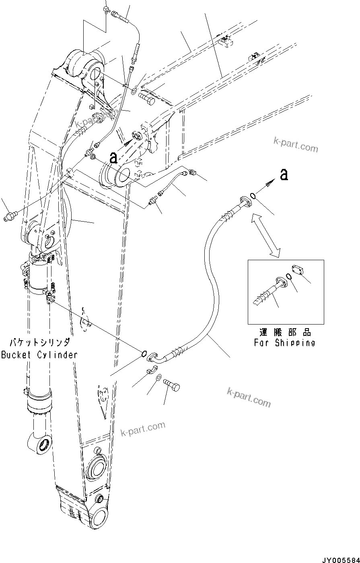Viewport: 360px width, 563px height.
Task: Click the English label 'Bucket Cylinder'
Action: point(39,355)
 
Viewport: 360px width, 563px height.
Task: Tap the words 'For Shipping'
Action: point(284,343)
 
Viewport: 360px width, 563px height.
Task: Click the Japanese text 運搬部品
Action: point(284,333)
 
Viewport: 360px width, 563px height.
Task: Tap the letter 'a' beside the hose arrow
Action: point(284,175)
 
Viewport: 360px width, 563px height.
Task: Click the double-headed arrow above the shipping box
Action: point(265,236)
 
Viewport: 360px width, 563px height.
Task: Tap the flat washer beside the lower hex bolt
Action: point(159,378)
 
